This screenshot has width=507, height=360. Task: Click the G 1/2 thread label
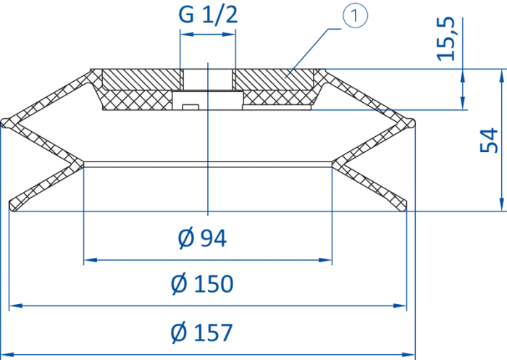click(x=209, y=14)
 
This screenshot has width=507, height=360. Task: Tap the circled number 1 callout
click(x=355, y=16)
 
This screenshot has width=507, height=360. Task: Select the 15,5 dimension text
click(x=446, y=39)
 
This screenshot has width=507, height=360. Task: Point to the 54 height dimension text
click(x=489, y=141)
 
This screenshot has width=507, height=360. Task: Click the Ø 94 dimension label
click(x=202, y=238)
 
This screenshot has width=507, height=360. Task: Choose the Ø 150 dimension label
click(x=202, y=283)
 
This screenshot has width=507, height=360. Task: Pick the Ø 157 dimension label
click(x=202, y=332)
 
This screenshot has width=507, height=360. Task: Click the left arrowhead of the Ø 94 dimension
click(x=91, y=260)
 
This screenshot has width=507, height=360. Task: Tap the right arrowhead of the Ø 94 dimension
click(x=325, y=260)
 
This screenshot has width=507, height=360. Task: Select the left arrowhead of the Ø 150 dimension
click(x=16, y=306)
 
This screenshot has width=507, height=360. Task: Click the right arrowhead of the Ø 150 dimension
click(x=400, y=306)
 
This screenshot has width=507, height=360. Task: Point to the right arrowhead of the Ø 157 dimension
click(x=408, y=354)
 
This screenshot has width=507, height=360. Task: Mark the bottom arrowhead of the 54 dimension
click(x=501, y=204)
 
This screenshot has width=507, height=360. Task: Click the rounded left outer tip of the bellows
click(x=4, y=123)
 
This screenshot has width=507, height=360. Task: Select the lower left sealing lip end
click(x=12, y=206)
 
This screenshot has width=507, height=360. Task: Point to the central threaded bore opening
click(x=208, y=80)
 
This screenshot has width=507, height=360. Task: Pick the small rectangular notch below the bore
click(x=190, y=106)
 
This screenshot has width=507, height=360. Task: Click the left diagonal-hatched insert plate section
click(x=141, y=80)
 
